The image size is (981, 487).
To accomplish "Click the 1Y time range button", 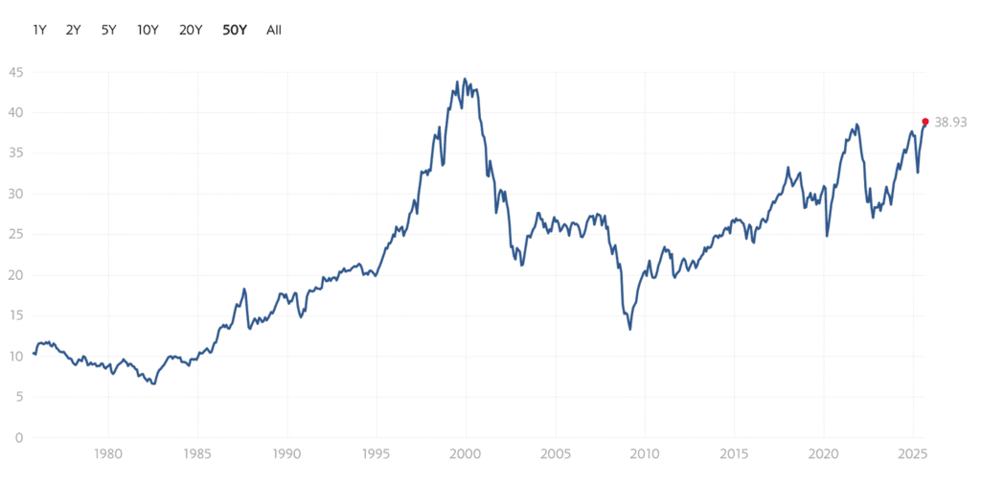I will pos(39,30).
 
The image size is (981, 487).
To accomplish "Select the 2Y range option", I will pos(74,30).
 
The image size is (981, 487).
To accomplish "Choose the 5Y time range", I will pos(108,30).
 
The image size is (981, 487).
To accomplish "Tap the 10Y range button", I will pos(148,30).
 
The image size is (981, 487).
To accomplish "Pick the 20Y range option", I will pos(191,30).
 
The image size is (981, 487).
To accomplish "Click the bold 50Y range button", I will pos(235,30).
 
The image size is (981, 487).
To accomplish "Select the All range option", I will pos(274,30).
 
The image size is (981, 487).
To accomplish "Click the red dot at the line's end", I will pos(924,122).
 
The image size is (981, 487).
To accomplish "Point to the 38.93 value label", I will pos(950,122).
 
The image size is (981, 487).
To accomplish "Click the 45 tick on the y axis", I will pos(16,72).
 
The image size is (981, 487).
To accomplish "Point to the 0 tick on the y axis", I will pos(19,438).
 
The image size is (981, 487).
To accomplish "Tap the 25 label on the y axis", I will pos(16,235).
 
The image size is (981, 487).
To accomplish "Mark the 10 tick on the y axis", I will pos(16,357).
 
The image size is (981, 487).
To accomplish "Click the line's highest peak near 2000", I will pos(465,80).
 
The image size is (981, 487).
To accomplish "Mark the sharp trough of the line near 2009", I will pos(629,329).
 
